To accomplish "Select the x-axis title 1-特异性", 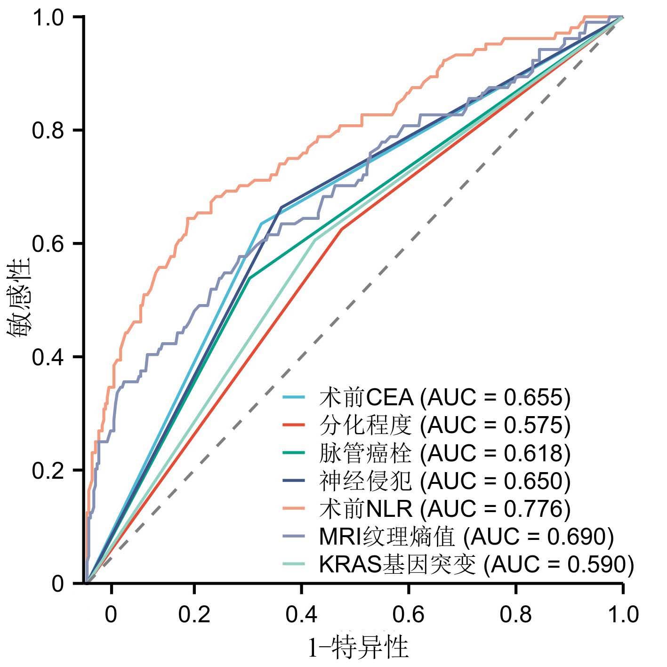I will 358,647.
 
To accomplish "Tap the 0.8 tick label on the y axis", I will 47,130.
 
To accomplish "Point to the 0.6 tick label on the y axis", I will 47,244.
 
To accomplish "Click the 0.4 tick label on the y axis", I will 47,357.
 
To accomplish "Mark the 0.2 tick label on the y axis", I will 47,470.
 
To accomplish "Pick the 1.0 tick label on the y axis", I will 47,17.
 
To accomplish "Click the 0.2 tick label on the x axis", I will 194,615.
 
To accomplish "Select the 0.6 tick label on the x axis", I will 409,615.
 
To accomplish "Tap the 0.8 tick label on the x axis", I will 516,615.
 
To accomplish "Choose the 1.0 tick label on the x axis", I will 623,615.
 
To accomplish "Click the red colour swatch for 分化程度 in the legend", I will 295,426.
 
